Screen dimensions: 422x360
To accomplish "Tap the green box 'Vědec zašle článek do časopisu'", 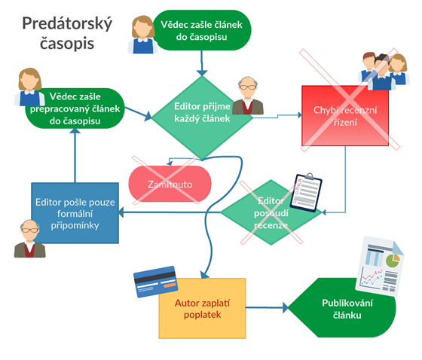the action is point(202,30).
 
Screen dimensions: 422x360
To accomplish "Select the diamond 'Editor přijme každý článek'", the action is point(202,117).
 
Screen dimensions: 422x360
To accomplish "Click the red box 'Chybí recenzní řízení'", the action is point(345,116).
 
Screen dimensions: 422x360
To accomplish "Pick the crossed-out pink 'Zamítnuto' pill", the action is point(170,184).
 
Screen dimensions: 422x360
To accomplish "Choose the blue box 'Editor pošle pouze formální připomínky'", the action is point(75,213).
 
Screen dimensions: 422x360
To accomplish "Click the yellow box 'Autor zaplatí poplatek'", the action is point(202,308).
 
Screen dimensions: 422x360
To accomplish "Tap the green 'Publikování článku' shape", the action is point(342,307).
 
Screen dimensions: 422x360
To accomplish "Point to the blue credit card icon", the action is point(155,282).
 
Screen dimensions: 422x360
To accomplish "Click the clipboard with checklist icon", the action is point(306,192).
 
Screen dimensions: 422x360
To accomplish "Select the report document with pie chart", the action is point(380,266).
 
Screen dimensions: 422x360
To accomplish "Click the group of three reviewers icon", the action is point(384,72).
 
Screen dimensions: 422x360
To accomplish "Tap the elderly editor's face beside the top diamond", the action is point(248,87).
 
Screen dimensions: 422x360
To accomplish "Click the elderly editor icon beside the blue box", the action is point(29,239).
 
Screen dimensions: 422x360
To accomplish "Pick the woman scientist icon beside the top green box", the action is point(142,35).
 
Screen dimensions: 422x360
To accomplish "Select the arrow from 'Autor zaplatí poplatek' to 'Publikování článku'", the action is point(267,307).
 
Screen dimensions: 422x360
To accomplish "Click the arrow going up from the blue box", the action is point(75,155).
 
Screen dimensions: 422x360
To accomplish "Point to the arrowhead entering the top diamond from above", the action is point(202,73).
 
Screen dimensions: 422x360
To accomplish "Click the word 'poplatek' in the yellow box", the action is point(203,315).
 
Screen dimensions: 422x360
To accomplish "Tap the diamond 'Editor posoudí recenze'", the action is point(271,212).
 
